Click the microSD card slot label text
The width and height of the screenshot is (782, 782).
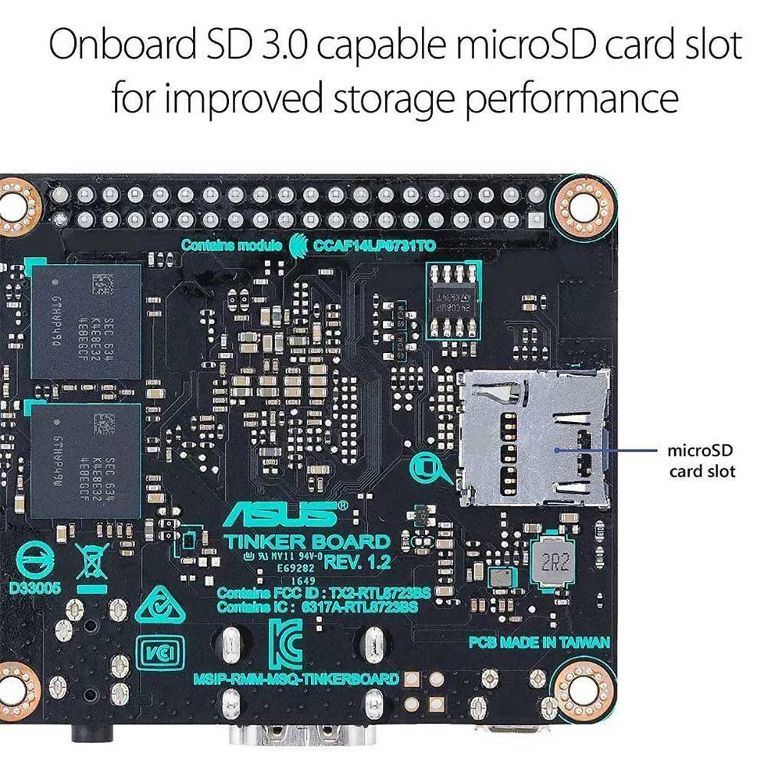point(702,461)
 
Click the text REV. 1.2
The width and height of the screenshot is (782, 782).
point(356,561)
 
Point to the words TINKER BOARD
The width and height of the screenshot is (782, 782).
point(307,541)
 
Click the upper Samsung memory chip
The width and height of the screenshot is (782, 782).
point(86,321)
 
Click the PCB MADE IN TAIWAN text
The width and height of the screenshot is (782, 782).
point(538,642)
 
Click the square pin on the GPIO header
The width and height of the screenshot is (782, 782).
point(536,218)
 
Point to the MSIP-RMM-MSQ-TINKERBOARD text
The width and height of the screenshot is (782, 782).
point(295,678)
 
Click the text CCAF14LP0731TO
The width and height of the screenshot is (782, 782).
point(374,245)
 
